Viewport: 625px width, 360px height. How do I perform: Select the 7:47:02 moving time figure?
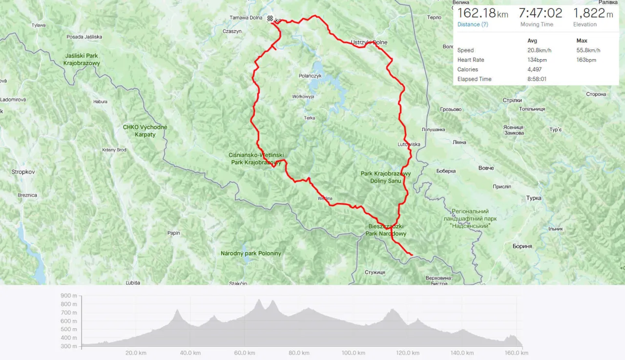540,13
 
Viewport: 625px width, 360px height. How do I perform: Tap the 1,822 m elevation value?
593,13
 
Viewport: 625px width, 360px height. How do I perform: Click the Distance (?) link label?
473,24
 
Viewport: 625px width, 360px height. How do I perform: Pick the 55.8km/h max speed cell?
588,50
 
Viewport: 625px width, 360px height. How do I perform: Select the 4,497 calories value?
536,69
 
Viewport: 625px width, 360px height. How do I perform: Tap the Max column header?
582,41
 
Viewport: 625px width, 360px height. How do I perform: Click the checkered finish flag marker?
270,19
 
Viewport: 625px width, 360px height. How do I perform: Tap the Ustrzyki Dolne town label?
369,42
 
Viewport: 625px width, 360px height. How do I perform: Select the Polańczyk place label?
310,76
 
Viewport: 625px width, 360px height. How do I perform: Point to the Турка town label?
534,198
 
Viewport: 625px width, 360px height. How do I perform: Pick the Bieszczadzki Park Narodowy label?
386,230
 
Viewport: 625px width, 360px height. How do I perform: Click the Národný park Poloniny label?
251,254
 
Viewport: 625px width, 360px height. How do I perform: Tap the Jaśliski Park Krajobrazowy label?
82,59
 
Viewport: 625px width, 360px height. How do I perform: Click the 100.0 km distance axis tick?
354,353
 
